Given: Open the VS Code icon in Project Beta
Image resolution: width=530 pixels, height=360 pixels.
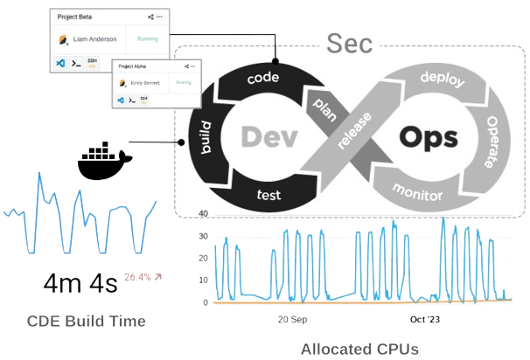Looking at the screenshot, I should click(60, 64).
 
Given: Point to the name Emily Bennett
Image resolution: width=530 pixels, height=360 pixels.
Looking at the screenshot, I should click(141, 83).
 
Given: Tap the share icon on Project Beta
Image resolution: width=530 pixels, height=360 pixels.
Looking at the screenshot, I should click(150, 16).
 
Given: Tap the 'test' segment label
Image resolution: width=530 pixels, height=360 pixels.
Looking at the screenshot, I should click(268, 194).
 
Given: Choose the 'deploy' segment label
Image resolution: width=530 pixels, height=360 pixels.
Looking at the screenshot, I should click(442, 78).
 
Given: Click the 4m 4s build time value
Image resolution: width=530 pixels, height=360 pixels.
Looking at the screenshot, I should click(80, 284).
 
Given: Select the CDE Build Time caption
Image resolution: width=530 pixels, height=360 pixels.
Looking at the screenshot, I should click(86, 322).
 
